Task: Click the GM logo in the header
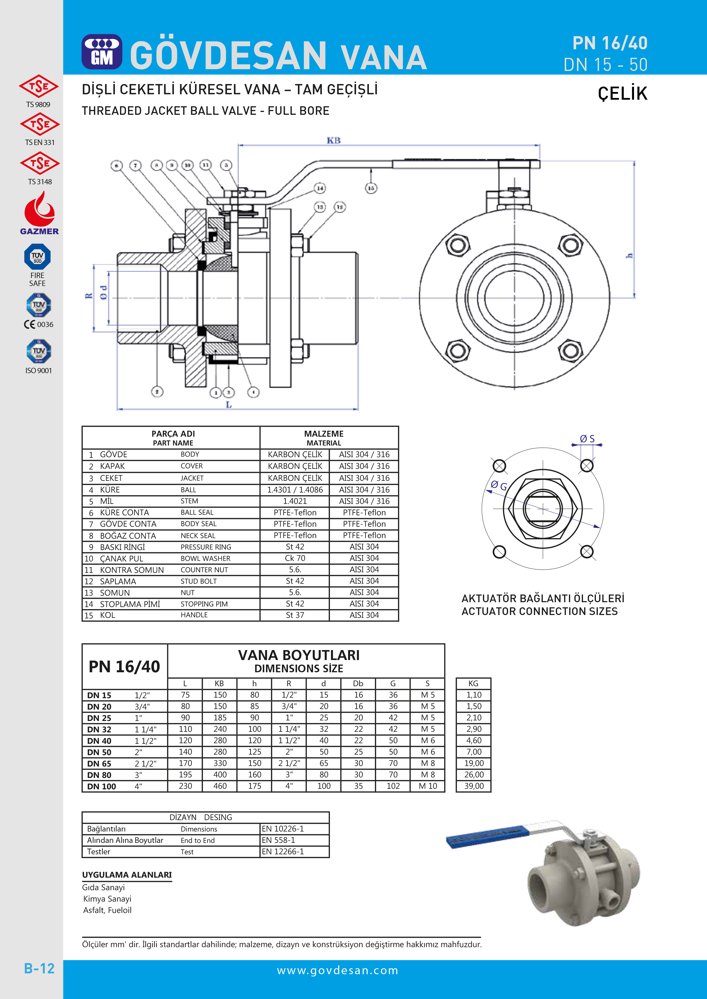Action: coord(102,52)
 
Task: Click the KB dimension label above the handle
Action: coord(334,140)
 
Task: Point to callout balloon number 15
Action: coord(371,188)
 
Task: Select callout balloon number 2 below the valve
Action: coord(157,392)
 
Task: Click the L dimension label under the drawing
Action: coord(229,405)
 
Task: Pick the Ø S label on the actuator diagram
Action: coord(587,439)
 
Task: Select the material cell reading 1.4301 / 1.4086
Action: coord(295,489)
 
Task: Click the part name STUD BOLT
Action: coord(198,581)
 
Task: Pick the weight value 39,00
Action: coord(474,786)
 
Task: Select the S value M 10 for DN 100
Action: coord(428,786)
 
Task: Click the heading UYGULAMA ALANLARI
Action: coord(127,875)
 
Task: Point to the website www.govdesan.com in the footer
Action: coord(337,970)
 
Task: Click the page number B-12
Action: coord(39,969)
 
